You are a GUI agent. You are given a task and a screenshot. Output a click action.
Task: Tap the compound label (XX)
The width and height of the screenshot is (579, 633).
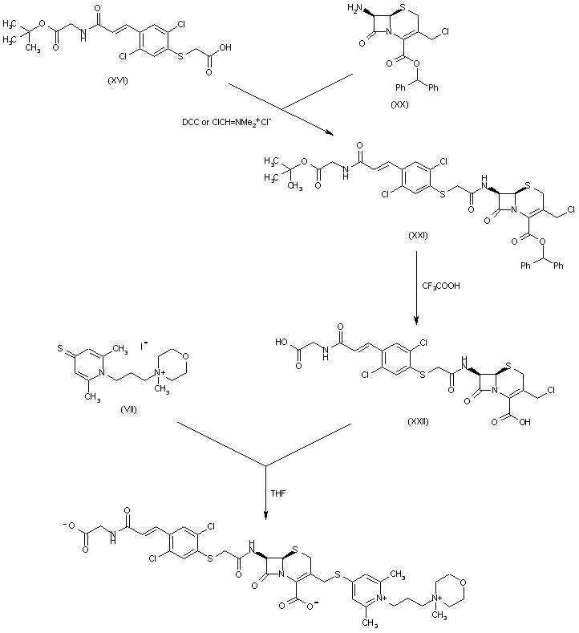(399, 104)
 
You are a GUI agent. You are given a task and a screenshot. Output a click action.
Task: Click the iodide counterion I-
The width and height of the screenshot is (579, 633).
(143, 347)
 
